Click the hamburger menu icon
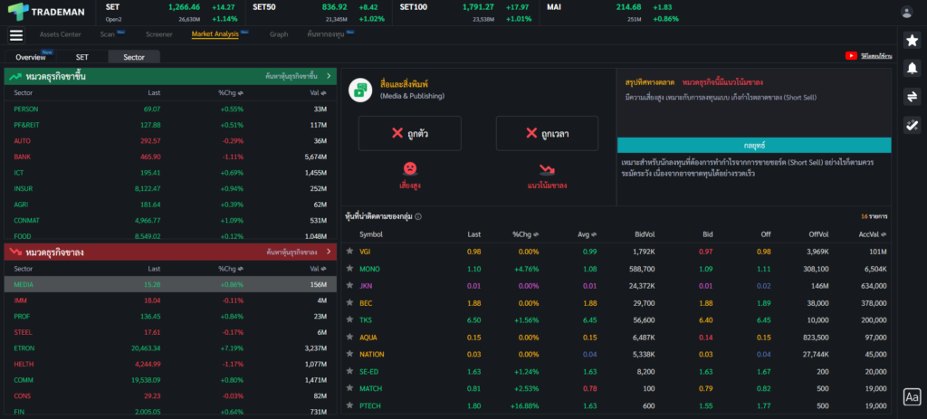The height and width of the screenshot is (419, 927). pos(16,35)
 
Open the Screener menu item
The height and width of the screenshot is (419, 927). pos(159,34)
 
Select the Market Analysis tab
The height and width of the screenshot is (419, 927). pos(215,34)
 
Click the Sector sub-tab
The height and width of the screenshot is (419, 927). pos(134,57)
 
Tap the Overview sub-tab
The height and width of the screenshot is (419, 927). pos(31,57)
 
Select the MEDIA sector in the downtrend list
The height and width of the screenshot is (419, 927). pos(24,284)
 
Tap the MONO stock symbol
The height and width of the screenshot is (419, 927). pos(369,269)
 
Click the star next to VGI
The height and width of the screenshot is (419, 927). pos(349,251)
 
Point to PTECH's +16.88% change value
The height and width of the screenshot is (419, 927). pos(525,406)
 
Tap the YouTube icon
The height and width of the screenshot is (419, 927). pos(851,55)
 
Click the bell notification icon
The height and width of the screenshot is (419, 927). pos(912,68)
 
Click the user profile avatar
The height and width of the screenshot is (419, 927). pos(906,12)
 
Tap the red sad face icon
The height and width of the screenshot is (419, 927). pos(410,168)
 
